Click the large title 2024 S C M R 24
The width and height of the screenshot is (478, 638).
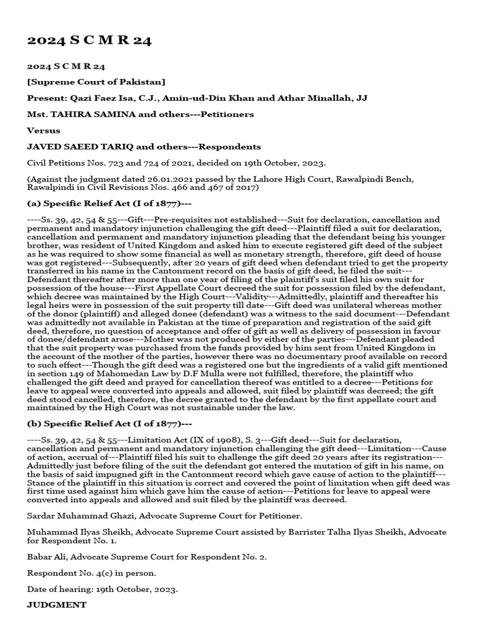point(88,41)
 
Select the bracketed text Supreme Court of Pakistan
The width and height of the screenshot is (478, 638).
point(96,82)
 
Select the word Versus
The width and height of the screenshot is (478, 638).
point(44,130)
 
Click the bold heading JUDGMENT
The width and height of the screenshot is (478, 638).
point(57,604)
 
